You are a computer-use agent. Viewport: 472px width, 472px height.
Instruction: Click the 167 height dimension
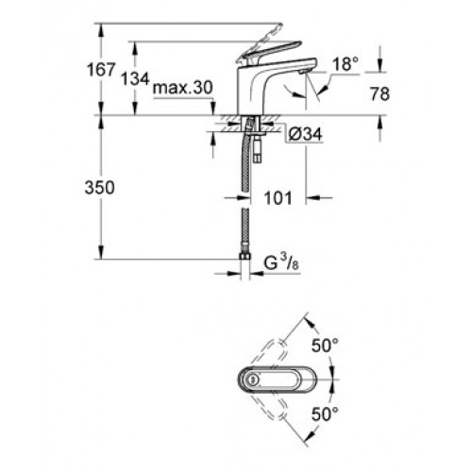[x=101, y=70]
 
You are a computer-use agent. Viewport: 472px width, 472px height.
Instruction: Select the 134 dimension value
[x=135, y=78]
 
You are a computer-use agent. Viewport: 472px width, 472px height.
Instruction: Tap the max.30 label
[x=183, y=88]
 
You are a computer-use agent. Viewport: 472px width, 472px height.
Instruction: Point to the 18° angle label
[x=346, y=64]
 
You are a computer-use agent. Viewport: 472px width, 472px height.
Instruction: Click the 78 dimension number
[x=379, y=93]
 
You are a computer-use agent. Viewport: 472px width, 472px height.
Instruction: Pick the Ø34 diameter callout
[x=305, y=135]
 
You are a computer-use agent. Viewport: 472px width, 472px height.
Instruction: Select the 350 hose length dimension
[x=99, y=188]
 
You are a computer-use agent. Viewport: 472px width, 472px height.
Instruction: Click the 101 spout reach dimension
[x=278, y=198]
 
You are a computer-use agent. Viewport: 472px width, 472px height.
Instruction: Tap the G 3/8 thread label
[x=281, y=263]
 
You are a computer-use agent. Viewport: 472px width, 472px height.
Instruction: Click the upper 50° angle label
[x=325, y=346]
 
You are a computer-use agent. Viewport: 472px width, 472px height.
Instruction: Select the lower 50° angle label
[x=325, y=413]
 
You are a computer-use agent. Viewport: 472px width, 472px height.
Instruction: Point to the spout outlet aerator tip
[x=303, y=72]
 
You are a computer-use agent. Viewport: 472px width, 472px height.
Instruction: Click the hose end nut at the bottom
[x=244, y=257]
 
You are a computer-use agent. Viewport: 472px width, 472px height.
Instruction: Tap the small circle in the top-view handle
[x=251, y=379]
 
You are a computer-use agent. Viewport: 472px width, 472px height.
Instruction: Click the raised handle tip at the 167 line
[x=278, y=26]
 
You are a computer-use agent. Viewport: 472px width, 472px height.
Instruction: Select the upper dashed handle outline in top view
[x=270, y=354]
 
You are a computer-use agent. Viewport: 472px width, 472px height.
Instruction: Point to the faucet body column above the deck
[x=248, y=92]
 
